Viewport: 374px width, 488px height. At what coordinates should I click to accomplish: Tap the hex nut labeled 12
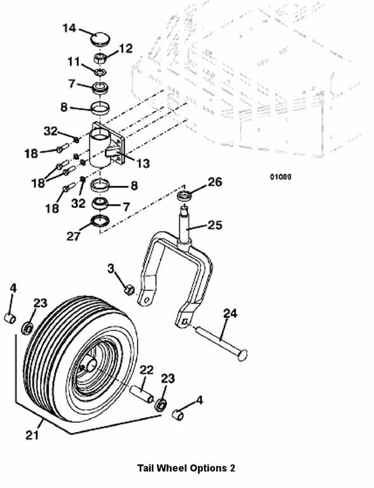(100, 58)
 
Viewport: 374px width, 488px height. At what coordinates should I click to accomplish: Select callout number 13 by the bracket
(143, 163)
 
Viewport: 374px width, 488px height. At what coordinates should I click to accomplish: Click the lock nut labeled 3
(128, 290)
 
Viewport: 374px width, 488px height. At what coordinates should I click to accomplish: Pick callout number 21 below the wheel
(32, 435)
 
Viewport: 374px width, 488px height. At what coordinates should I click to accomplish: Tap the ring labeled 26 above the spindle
(184, 197)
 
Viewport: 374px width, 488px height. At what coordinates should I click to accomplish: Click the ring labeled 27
(100, 221)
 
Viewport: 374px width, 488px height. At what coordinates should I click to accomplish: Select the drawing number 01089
(280, 177)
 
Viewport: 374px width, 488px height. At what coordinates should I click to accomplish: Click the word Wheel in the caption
(172, 468)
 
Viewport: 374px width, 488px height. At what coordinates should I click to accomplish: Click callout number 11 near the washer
(74, 62)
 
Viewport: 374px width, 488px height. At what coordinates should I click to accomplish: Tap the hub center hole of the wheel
(92, 364)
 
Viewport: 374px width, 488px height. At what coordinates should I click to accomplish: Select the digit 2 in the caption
(232, 468)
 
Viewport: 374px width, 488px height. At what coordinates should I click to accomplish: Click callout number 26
(215, 182)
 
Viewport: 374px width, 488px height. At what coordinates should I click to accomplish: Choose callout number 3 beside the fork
(111, 268)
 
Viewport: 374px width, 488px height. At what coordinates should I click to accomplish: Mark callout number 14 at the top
(69, 28)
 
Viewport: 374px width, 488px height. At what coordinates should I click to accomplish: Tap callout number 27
(74, 236)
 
